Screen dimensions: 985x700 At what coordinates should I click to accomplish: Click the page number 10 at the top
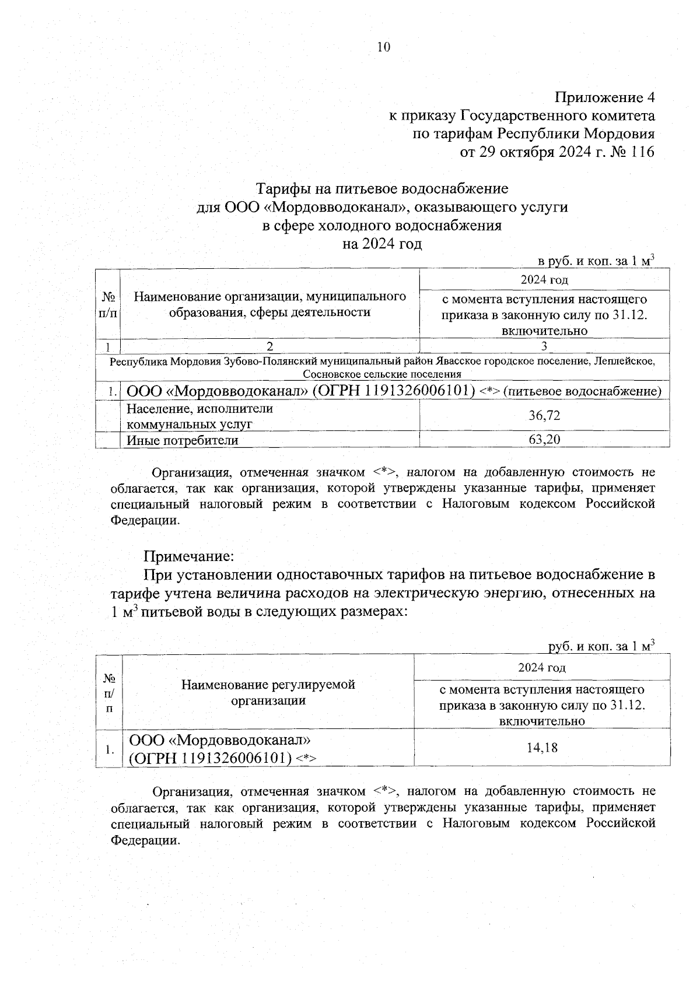(383, 47)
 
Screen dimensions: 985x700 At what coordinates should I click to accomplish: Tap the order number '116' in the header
(642, 153)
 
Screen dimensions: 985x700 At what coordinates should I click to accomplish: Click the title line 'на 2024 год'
(382, 244)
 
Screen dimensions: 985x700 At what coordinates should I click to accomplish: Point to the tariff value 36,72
(544, 415)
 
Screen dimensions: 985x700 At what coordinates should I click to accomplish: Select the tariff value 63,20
(544, 439)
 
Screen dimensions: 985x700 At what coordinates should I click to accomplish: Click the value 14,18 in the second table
(542, 747)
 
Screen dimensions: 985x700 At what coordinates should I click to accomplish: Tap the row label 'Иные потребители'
(183, 440)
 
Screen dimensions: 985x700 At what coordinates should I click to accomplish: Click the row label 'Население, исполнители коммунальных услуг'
(200, 416)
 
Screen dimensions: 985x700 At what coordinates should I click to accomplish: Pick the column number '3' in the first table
(544, 346)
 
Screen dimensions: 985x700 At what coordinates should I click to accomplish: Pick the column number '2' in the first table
(269, 346)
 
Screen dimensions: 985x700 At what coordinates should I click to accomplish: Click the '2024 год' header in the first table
(544, 279)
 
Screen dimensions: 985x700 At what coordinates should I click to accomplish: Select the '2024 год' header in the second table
(542, 667)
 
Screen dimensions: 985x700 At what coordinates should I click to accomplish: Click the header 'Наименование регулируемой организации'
(268, 692)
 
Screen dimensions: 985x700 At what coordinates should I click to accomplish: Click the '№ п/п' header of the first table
(108, 304)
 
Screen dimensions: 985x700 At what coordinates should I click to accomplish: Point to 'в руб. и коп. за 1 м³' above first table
(595, 261)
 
